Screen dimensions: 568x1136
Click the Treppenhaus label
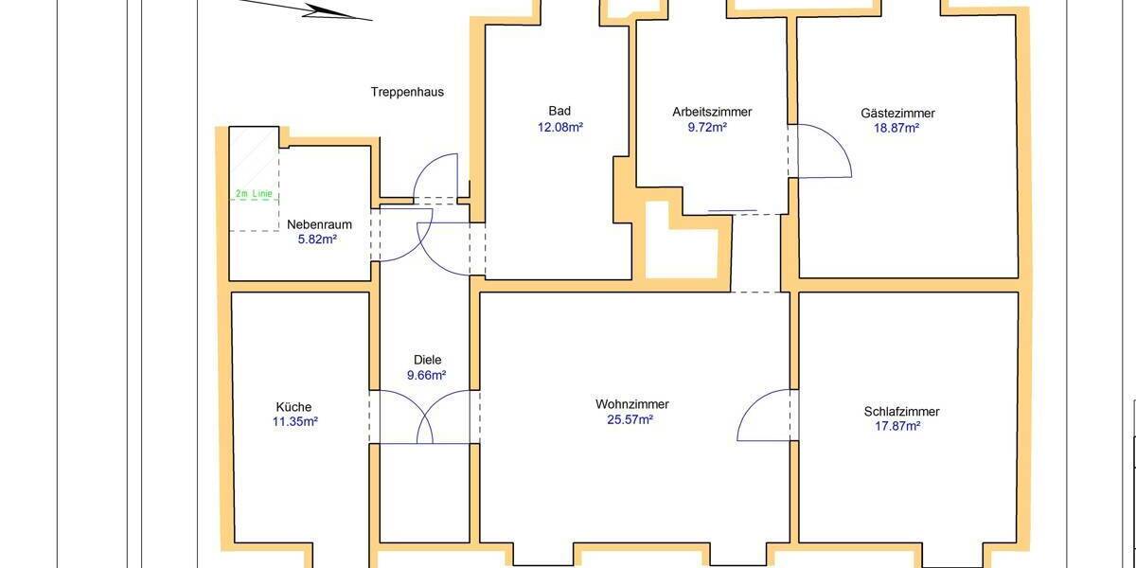[406, 93]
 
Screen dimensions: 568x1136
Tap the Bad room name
[559, 111]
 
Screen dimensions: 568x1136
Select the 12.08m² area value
[559, 127]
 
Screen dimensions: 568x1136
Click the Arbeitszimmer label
[712, 112]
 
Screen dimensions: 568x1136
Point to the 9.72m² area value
[707, 127]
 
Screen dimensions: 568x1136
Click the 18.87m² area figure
[897, 128]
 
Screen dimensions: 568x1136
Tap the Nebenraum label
[320, 225]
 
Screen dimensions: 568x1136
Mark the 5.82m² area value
[317, 240]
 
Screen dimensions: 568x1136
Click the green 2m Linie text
[254, 194]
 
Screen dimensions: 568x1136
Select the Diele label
[428, 360]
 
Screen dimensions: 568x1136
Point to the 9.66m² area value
[426, 375]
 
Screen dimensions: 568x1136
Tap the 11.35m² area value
[295, 422]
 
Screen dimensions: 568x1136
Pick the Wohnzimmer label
[632, 404]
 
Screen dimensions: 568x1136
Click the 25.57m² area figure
[630, 419]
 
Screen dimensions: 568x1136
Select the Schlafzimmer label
[901, 412]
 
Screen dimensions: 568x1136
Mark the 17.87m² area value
[898, 426]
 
